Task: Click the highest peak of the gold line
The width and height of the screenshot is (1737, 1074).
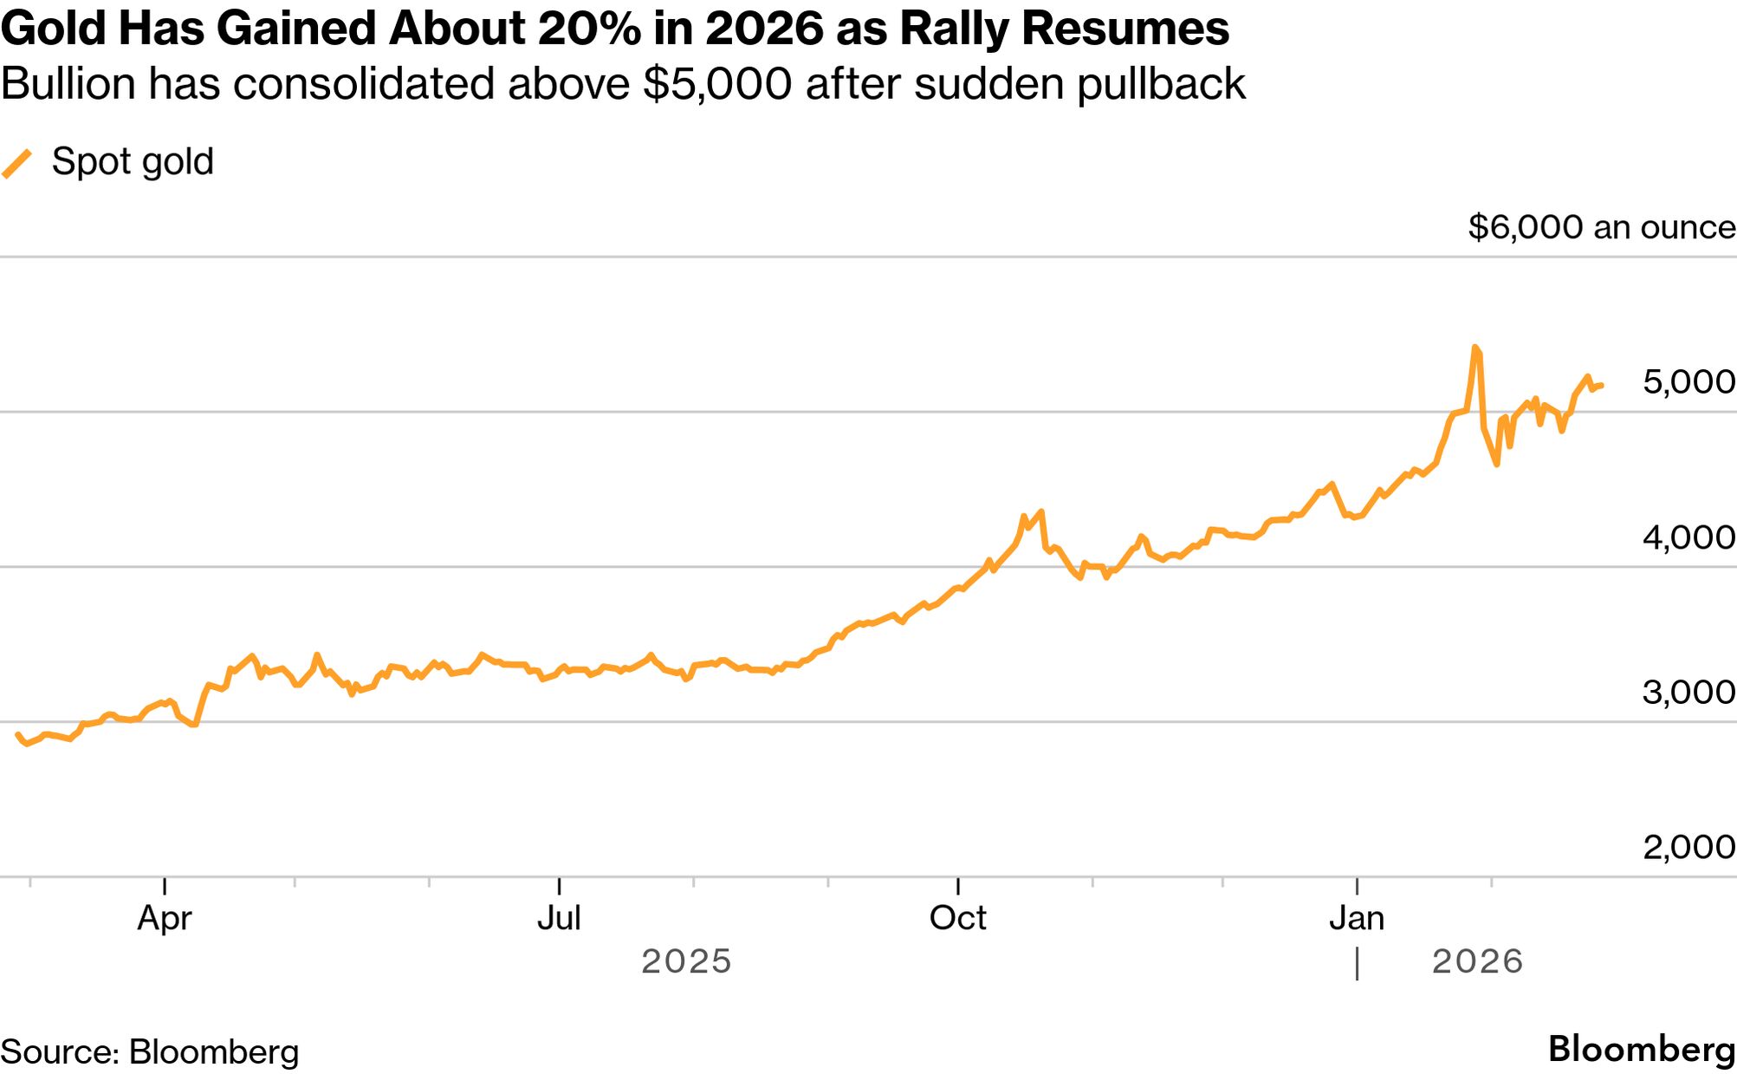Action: [1475, 348]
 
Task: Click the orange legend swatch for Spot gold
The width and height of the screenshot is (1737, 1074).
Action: [17, 163]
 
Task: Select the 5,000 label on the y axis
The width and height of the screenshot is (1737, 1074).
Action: [1688, 381]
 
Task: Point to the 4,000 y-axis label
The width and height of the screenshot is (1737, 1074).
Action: [1688, 537]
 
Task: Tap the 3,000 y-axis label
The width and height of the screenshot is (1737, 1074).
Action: [1688, 692]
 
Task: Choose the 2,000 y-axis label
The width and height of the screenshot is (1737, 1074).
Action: [1688, 847]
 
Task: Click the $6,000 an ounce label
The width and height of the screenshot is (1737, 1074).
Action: [1601, 227]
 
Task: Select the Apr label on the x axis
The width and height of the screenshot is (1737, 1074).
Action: [165, 917]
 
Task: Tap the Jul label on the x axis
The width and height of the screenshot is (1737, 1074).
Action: [559, 917]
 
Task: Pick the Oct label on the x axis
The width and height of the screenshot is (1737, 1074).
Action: [957, 917]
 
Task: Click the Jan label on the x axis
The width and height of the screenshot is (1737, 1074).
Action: [1357, 917]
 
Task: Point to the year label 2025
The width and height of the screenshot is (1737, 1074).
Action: [686, 961]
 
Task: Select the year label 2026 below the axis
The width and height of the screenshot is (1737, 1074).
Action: [1477, 961]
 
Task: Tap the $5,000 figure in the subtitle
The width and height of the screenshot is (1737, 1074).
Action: [717, 84]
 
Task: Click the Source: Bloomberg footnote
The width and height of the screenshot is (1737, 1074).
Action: [149, 1051]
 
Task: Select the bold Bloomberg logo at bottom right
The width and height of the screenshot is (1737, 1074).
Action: [1641, 1049]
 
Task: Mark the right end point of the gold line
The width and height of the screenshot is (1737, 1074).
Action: [1602, 385]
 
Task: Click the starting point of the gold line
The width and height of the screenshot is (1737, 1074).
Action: [18, 734]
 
